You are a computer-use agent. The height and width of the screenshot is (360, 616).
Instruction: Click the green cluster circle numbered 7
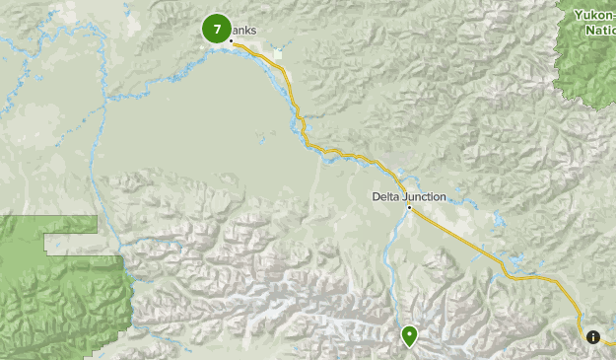pyautogui.click(x=217, y=30)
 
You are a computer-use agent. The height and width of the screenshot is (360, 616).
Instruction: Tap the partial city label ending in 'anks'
pyautogui.click(x=245, y=31)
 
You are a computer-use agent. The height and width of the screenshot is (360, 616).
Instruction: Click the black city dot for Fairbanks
pyautogui.click(x=232, y=40)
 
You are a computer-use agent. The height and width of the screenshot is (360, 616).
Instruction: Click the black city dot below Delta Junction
pyautogui.click(x=409, y=207)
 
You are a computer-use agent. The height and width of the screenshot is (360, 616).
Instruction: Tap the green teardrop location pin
pyautogui.click(x=409, y=336)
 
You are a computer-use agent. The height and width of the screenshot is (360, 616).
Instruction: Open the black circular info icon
pyautogui.click(x=593, y=336)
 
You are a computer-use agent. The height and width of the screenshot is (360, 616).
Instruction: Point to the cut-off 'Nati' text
pyautogui.click(x=600, y=30)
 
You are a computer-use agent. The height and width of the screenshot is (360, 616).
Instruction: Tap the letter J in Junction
pyautogui.click(x=405, y=196)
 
